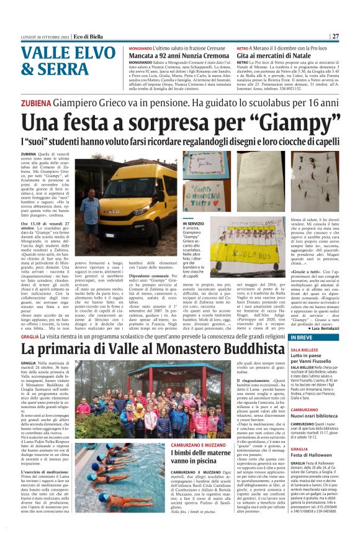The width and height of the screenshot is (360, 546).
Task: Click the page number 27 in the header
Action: pos(335,36)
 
